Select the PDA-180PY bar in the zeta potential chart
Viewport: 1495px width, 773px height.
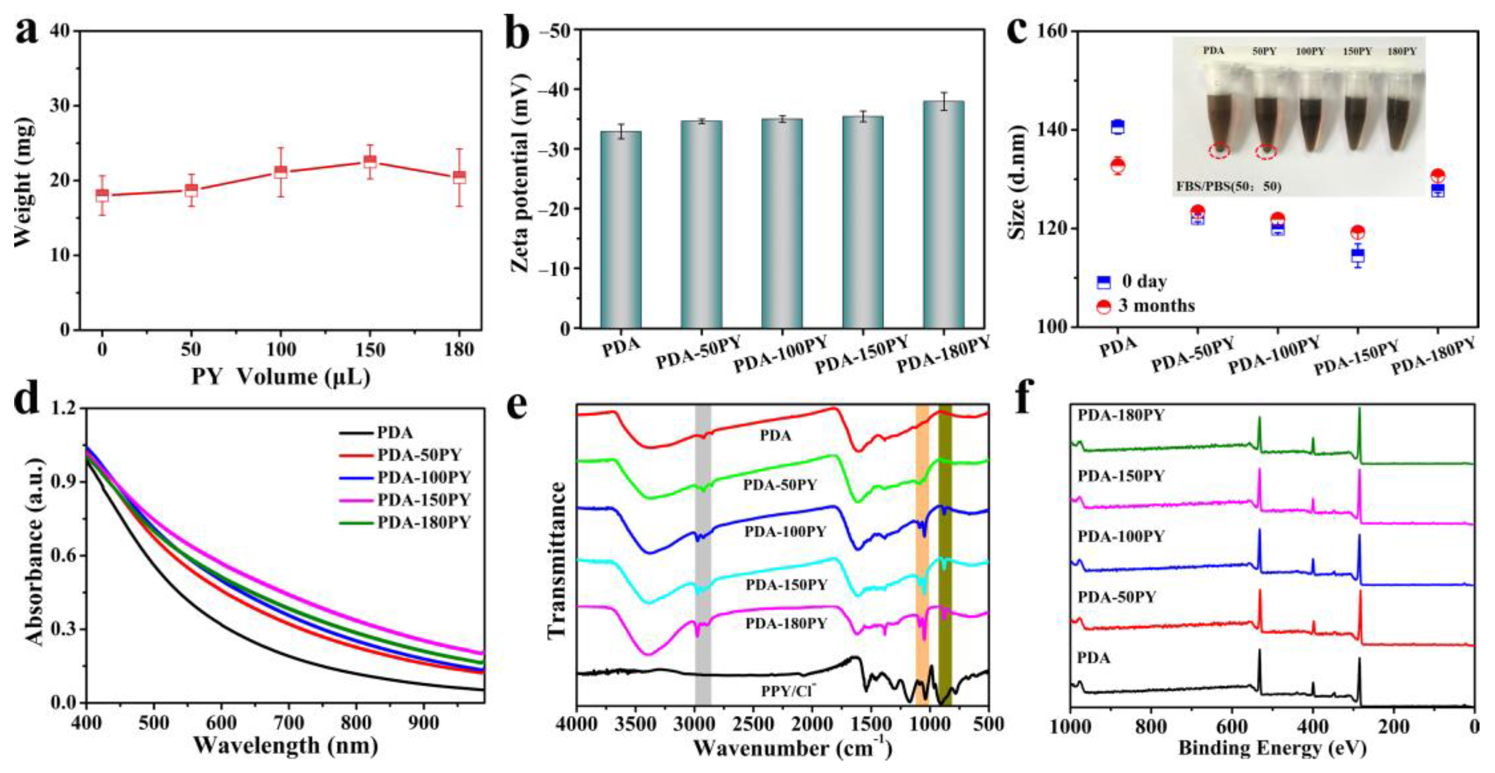coord(944,215)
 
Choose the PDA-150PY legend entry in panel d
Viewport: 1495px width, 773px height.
coord(423,500)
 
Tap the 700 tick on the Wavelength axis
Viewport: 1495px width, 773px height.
coord(288,723)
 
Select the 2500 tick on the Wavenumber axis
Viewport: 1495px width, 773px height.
coord(753,724)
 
